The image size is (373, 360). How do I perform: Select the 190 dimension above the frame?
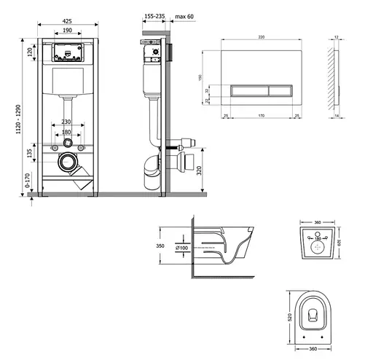pos(66,31)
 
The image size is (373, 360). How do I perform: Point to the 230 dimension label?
pos(66,122)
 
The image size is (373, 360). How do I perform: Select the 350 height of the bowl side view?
pos(161,246)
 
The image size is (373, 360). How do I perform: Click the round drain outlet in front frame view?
pos(67,161)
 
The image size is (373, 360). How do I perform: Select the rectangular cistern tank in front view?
pos(66,79)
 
